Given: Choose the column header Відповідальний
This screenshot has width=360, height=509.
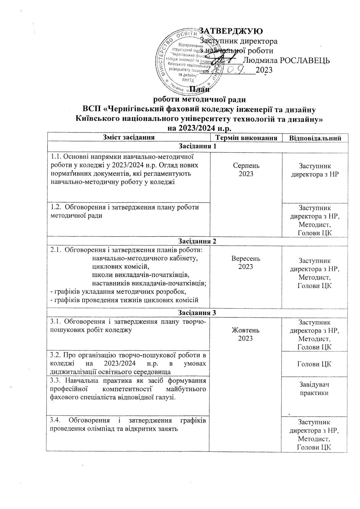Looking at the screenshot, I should tap(315, 138).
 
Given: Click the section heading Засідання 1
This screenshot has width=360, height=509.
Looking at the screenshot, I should tap(197, 146).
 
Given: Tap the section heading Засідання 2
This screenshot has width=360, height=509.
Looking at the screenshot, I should tap(197, 241).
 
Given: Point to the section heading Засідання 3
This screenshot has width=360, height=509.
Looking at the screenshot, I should tap(197, 312).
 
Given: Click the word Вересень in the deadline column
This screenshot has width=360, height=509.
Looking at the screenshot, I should tap(246, 259).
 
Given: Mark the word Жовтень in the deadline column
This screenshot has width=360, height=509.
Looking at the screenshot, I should tap(246, 330).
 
